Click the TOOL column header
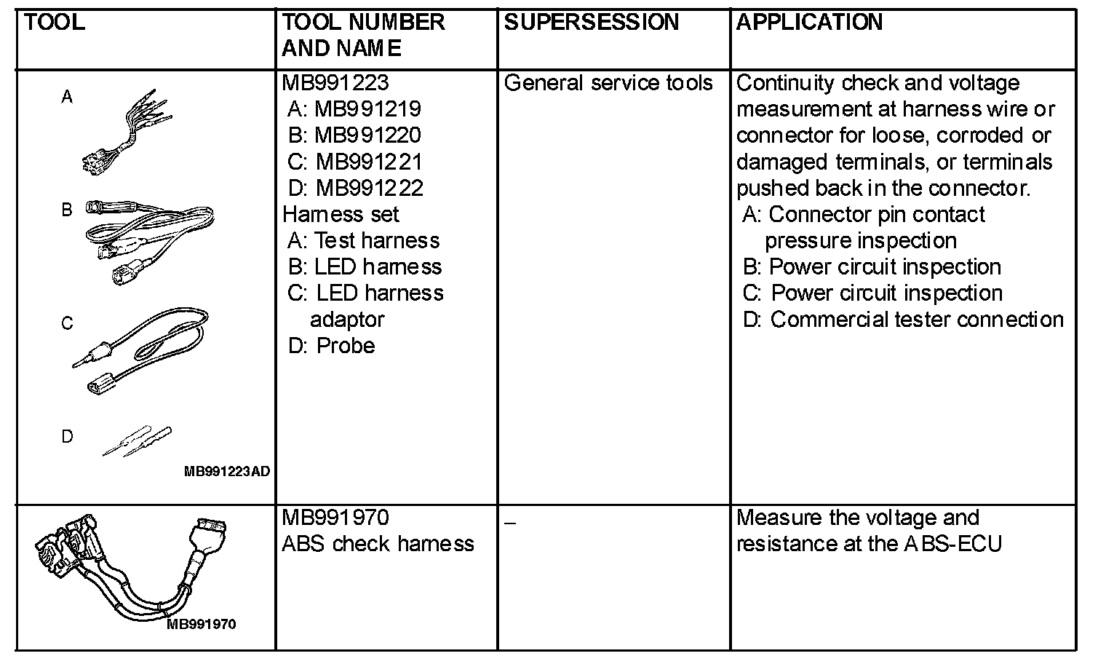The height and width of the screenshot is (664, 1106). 55,23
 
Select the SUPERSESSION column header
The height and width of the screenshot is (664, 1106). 591,23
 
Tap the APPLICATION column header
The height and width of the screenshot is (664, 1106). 809,23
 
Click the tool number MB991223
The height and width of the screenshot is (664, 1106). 335,83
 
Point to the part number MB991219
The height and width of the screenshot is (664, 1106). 367,109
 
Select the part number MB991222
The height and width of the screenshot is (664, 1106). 369,188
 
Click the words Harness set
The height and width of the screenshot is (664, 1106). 341,214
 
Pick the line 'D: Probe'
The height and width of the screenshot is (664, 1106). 332,345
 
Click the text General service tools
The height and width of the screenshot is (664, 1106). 608,83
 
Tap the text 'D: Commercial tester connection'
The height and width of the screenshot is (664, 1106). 903,319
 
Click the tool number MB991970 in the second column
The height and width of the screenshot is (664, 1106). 335,518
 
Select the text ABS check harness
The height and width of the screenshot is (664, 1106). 378,544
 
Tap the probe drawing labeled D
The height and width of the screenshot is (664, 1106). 138,440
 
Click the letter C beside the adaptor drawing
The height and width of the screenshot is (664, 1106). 67,323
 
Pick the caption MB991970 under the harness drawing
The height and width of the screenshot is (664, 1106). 202,625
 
